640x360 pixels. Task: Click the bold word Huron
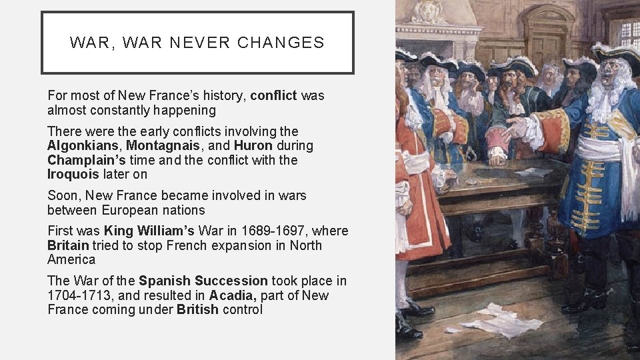point(255,146)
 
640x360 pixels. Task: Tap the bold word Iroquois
point(73,175)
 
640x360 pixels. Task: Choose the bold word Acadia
point(233,295)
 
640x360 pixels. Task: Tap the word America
point(71,260)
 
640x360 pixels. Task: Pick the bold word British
point(197,310)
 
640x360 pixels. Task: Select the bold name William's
point(167,231)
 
